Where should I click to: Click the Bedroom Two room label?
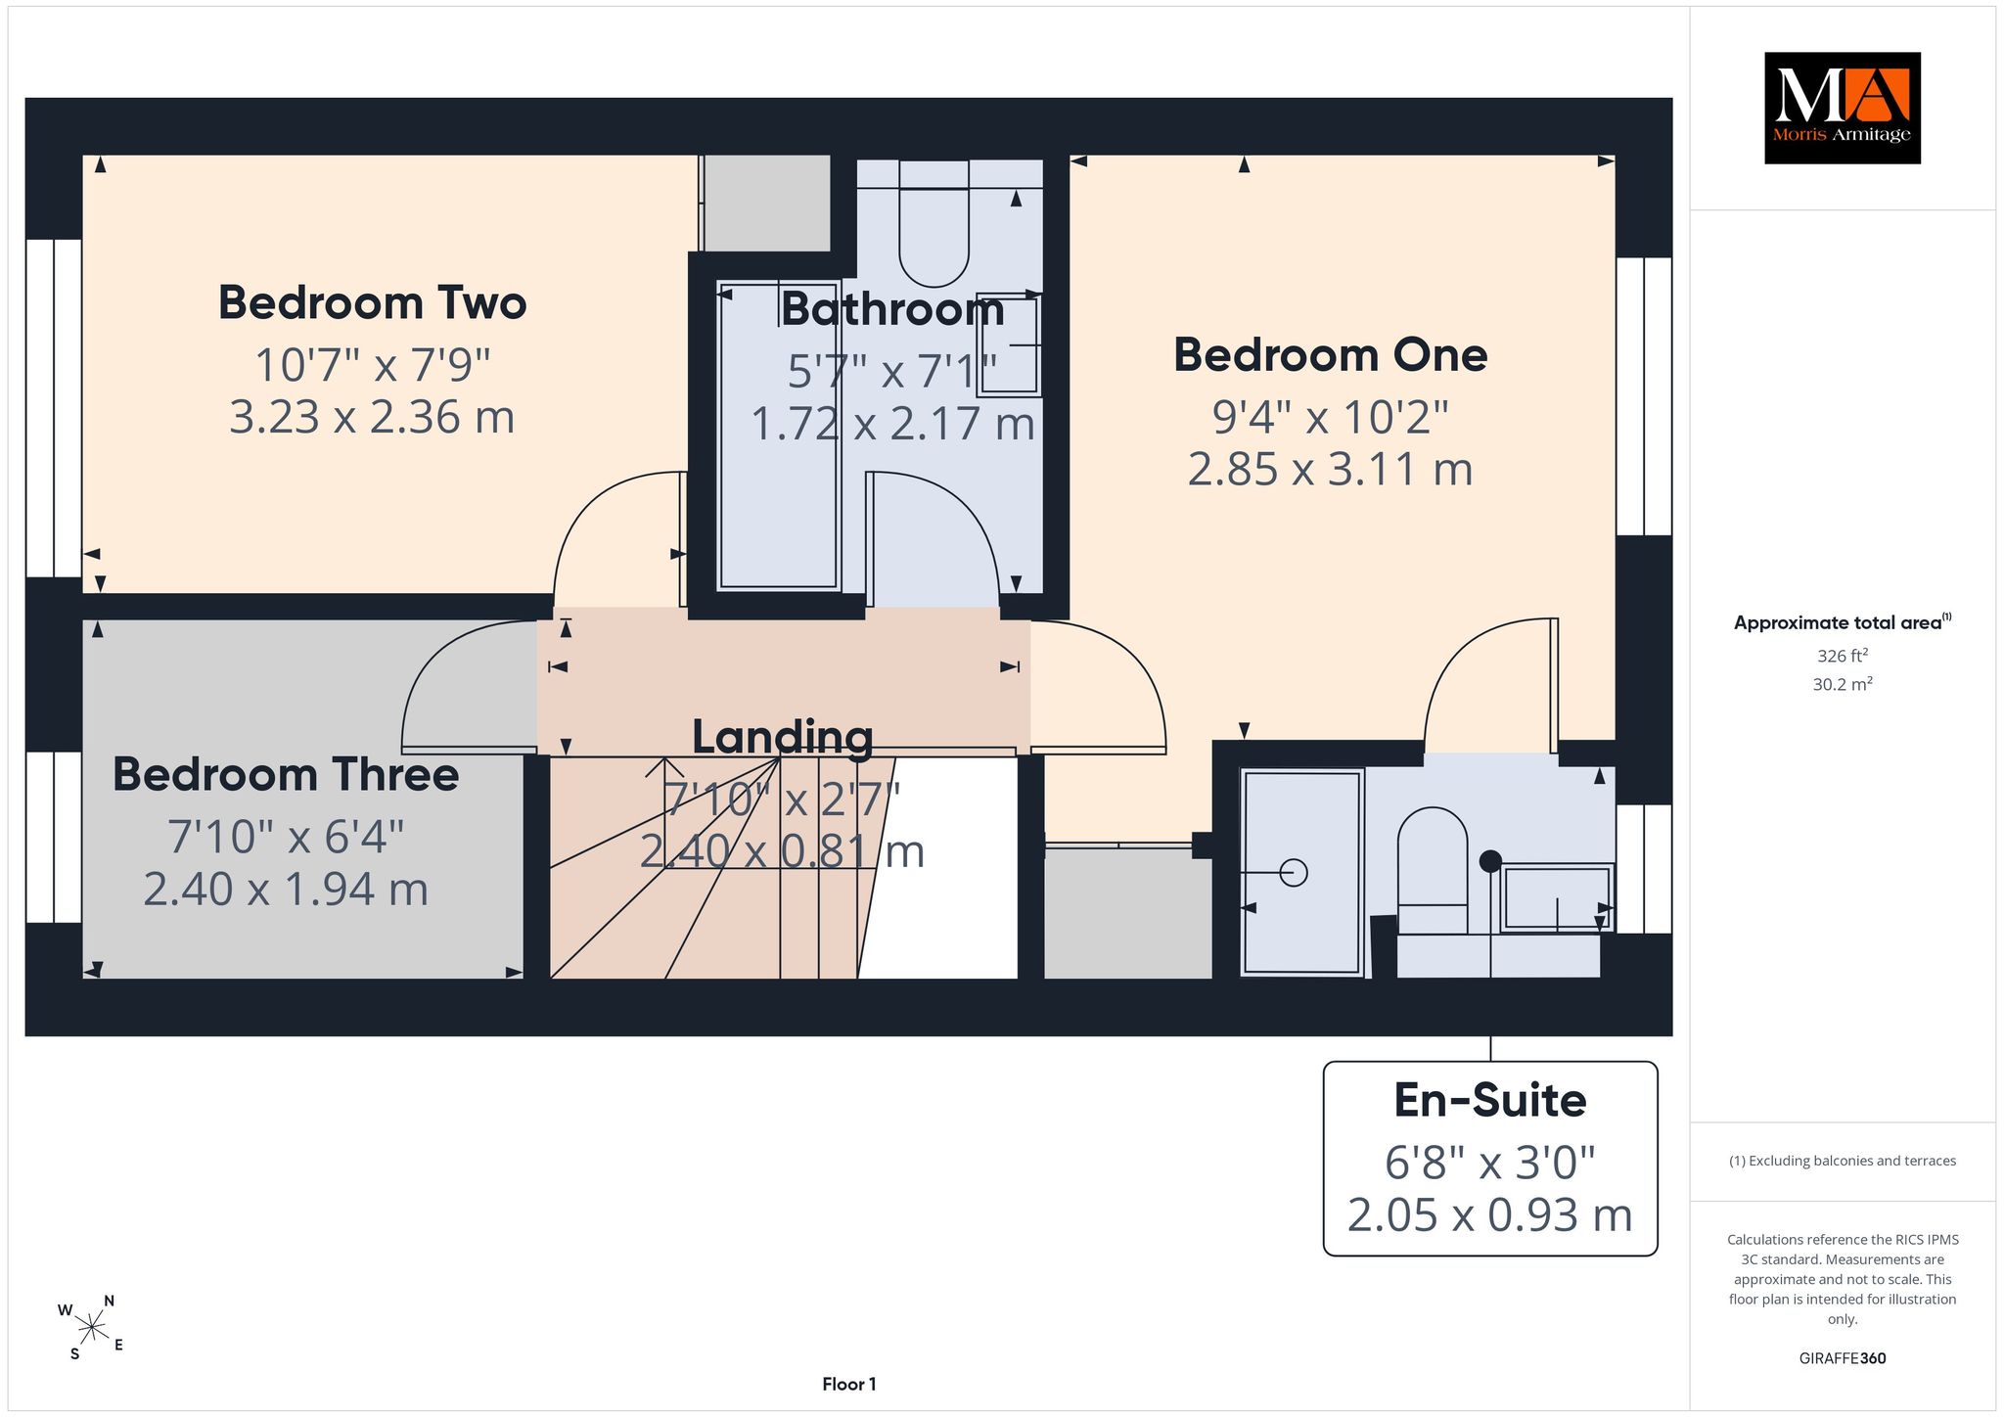pos(372,302)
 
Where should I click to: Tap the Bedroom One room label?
pos(1330,354)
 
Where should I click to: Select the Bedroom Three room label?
pos(286,774)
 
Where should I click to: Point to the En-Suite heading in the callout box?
pos(1489,1100)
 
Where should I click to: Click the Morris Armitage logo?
pos(1842,108)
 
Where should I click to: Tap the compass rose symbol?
pos(91,1328)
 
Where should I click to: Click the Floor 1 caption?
pos(849,1384)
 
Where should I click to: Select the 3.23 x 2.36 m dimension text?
pos(372,417)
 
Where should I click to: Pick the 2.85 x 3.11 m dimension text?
pos(1330,469)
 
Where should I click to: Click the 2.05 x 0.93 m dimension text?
pos(1489,1214)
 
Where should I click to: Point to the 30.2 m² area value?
pos(1843,684)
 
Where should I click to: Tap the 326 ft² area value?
pos(1843,656)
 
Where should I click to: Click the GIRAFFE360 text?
pos(1843,1358)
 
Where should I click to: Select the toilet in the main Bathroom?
pos(934,224)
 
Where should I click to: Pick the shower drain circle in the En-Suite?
pos(1294,872)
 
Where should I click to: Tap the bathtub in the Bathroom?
pos(779,435)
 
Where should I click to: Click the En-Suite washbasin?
pos(1557,897)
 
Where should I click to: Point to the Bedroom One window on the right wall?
pos(1644,396)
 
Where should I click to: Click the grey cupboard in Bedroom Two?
pos(766,204)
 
